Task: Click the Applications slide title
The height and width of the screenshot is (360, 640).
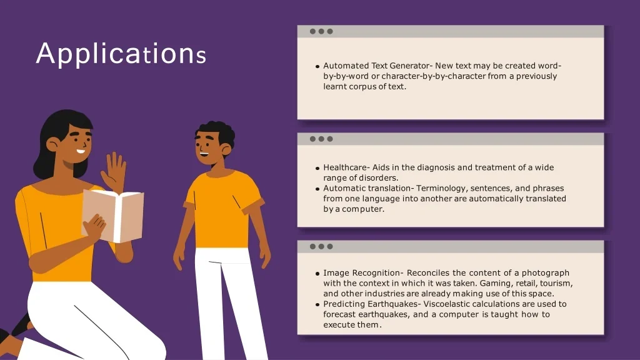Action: [121, 54]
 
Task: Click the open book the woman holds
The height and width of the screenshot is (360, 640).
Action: [113, 215]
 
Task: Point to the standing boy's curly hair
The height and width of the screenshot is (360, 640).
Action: [217, 132]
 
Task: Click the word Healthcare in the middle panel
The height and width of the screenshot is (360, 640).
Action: [345, 167]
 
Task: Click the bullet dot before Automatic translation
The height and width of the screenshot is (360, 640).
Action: [317, 189]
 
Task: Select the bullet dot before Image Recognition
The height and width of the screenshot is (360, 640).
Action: [317, 274]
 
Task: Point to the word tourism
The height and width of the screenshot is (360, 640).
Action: [556, 283]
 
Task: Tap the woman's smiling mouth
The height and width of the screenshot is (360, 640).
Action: [81, 151]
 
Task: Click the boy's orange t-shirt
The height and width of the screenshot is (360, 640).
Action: [223, 208]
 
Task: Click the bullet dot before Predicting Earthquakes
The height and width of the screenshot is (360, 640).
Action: [317, 304]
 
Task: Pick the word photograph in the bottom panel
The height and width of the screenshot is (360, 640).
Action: [545, 273]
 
